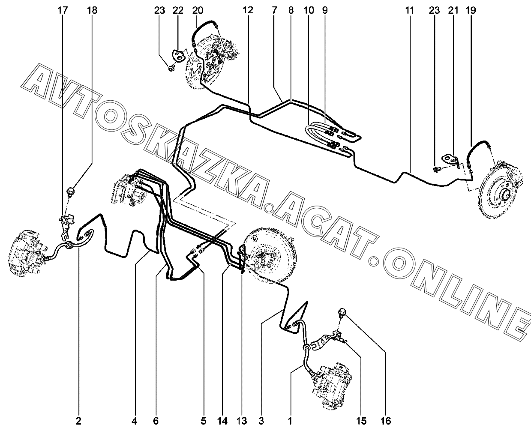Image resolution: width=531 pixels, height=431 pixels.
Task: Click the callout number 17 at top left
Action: pos(63,10)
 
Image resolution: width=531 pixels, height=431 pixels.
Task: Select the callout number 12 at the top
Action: pos(248,10)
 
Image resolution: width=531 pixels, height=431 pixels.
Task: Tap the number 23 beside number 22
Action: pos(159,10)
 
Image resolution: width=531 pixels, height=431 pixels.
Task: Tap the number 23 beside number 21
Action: pos(435,10)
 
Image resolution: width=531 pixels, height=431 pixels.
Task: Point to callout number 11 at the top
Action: pos(410,10)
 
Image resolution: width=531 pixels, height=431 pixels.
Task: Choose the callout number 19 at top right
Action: pos(471,10)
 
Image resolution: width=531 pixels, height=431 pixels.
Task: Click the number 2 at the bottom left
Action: pos(78,421)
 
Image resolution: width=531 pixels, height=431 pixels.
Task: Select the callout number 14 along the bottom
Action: pos(222,421)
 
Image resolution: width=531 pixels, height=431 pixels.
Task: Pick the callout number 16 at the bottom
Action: pos(386,421)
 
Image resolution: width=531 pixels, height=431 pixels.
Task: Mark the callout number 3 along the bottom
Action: pos(261,421)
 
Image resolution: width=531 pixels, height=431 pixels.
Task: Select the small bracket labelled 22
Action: pos(178,56)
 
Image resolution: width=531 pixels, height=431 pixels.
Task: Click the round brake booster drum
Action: pos(270,254)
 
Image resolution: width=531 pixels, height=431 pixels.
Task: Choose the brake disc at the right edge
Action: pos(500,191)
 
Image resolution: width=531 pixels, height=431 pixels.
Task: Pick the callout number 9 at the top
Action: pos(324,10)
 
